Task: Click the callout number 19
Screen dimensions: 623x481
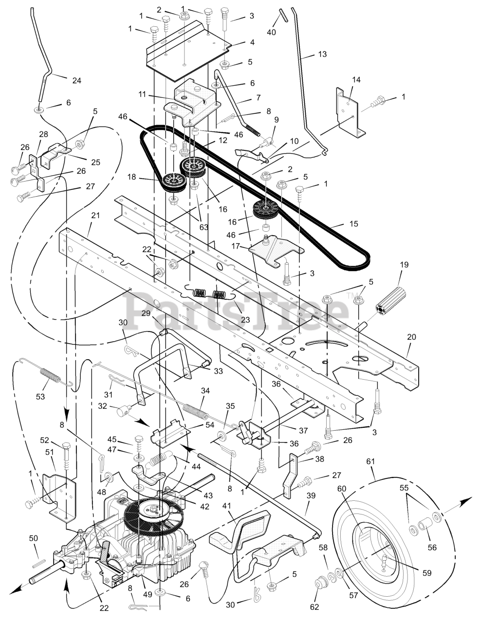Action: pos(404,265)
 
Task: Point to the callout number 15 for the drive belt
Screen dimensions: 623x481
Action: pos(353,224)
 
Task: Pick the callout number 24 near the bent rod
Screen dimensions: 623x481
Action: pos(76,80)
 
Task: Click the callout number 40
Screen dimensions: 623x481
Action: pos(271,32)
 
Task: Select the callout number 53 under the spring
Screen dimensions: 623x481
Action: pos(40,397)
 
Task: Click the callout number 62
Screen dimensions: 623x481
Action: pos(314,606)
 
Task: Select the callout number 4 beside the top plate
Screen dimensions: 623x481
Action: pos(252,42)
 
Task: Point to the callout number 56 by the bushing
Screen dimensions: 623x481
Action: pos(432,547)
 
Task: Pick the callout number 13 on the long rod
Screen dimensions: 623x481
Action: pos(322,54)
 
